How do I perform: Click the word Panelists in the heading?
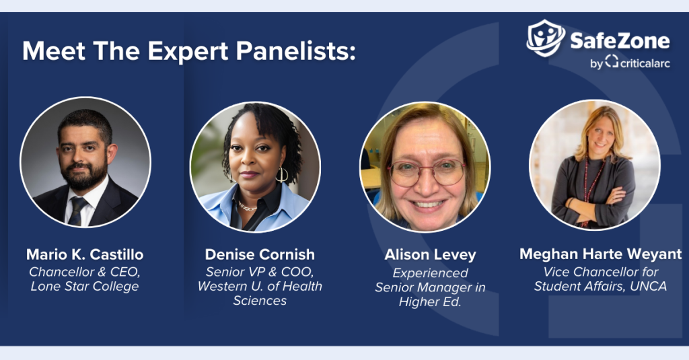pyautogui.click(x=296, y=50)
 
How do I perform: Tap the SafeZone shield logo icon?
pyautogui.click(x=546, y=38)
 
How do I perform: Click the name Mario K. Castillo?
pyautogui.click(x=85, y=254)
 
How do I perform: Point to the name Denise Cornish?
pyautogui.click(x=260, y=254)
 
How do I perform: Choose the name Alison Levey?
pyautogui.click(x=430, y=254)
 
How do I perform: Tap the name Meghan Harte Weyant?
pyautogui.click(x=600, y=254)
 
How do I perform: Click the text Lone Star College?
pyautogui.click(x=85, y=286)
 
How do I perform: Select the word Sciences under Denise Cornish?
pyautogui.click(x=260, y=301)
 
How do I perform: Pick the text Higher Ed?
pyautogui.click(x=430, y=302)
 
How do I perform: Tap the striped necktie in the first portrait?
pyautogui.click(x=77, y=211)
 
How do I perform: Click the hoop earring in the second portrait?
pyautogui.click(x=282, y=174)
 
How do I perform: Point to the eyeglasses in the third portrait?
pyautogui.click(x=426, y=172)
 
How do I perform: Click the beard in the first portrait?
pyautogui.click(x=83, y=174)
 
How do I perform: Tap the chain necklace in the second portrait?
pyautogui.click(x=248, y=206)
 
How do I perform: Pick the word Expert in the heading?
pyautogui.click(x=188, y=51)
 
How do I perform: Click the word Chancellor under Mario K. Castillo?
pyautogui.click(x=62, y=272)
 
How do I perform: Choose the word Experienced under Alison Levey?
pyautogui.click(x=430, y=273)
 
